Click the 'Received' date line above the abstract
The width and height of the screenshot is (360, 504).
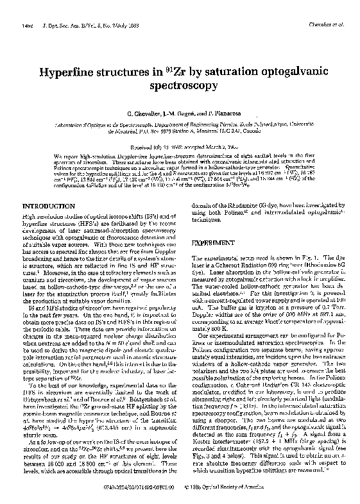tap(180, 146)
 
